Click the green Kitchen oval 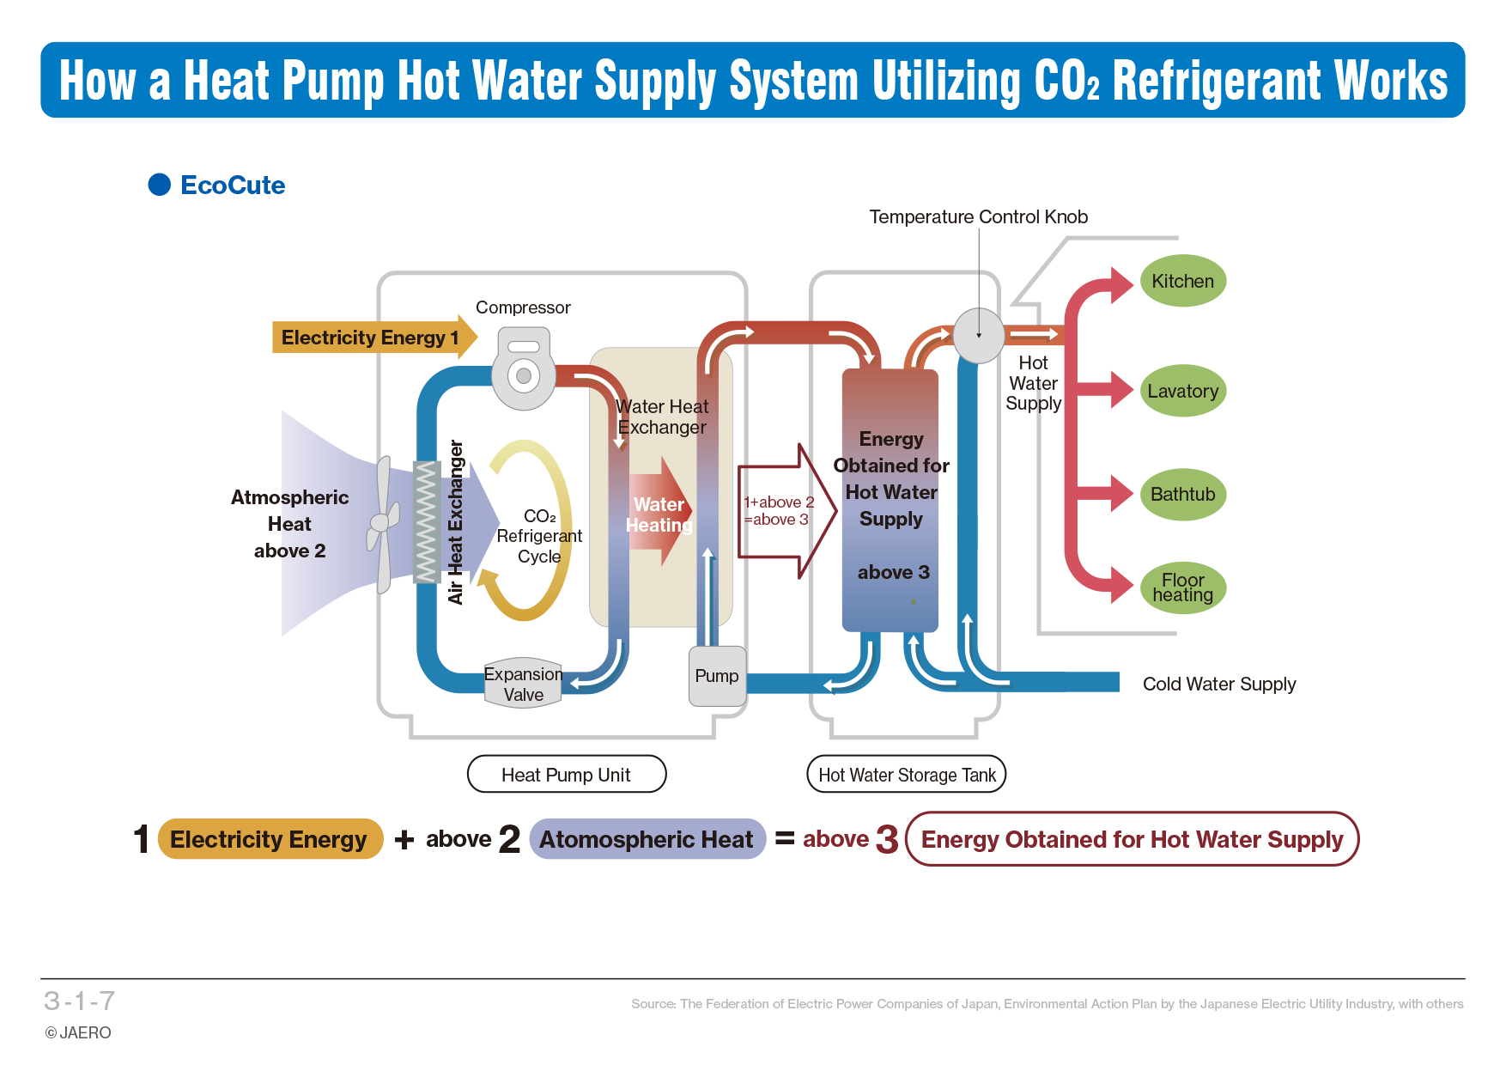click(x=1182, y=281)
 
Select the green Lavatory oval click(x=1182, y=391)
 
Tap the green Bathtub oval click(x=1182, y=494)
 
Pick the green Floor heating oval click(x=1182, y=587)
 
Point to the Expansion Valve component click(x=523, y=684)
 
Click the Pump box click(x=717, y=676)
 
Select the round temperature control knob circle click(x=979, y=335)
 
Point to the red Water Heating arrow click(x=659, y=513)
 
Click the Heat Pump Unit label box click(x=566, y=775)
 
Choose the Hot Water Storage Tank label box click(x=907, y=775)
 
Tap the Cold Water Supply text click(x=1218, y=685)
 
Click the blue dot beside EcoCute click(x=160, y=185)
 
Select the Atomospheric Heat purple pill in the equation click(x=647, y=839)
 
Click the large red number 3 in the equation click(x=887, y=839)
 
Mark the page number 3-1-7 click(x=79, y=1001)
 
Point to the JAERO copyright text click(x=78, y=1032)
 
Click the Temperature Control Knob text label click(x=978, y=217)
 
